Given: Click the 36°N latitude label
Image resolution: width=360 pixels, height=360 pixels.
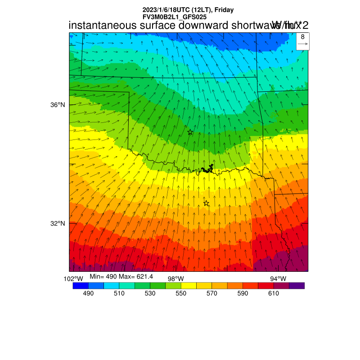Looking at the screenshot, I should (58, 105).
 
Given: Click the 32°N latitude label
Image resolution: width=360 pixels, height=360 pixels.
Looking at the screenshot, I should (58, 224).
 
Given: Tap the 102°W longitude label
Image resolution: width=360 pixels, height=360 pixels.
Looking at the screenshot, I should (73, 279).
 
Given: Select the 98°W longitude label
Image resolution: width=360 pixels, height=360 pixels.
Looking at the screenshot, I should (175, 279).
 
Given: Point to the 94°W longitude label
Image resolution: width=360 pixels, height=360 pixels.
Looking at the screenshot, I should (278, 279).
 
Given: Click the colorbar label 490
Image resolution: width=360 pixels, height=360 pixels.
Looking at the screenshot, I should (88, 293).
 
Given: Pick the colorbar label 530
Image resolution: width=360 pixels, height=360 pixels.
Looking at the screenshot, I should (150, 293).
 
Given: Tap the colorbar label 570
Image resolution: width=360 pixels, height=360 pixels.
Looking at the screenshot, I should (211, 293).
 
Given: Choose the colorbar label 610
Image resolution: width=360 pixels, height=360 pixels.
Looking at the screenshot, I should (274, 293).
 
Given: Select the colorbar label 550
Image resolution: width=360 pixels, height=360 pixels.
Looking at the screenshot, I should (181, 293).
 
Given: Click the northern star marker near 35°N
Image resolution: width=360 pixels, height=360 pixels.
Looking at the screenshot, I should (190, 132).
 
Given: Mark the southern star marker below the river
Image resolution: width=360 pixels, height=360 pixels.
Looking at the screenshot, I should (206, 203).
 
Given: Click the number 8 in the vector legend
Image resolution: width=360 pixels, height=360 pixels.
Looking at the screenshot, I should (303, 37).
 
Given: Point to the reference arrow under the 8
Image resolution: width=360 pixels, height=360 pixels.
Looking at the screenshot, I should (303, 44).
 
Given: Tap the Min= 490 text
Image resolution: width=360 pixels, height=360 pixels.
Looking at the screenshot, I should (103, 275).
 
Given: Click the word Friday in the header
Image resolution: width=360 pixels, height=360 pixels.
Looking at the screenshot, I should (223, 10).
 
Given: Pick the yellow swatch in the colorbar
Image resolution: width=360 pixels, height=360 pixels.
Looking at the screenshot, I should (189, 285).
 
